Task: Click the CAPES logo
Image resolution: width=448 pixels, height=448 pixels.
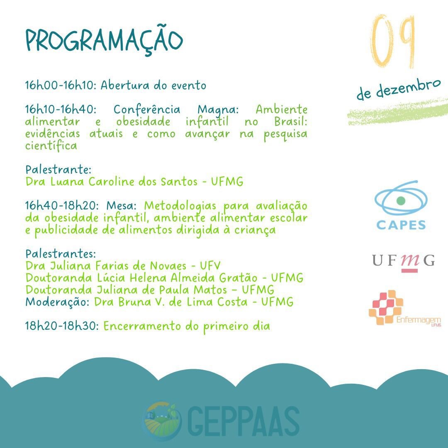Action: pyautogui.click(x=401, y=205)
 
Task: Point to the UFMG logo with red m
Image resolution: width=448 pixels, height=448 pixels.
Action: pyautogui.click(x=404, y=262)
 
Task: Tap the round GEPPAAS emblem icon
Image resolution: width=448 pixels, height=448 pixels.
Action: pyautogui.click(x=162, y=421)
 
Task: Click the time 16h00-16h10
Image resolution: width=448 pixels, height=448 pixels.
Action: pyautogui.click(x=59, y=85)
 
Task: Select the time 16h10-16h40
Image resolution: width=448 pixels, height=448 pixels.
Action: pyautogui.click(x=61, y=110)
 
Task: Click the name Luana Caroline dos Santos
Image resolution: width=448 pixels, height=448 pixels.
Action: pyautogui.click(x=124, y=182)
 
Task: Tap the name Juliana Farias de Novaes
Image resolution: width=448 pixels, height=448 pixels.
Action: pyautogui.click(x=118, y=266)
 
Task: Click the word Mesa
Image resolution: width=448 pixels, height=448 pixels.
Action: pyautogui.click(x=122, y=206)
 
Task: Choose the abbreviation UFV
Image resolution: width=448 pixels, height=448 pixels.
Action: pyautogui.click(x=210, y=266)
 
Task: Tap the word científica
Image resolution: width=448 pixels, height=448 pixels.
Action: pyautogui.click(x=51, y=146)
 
